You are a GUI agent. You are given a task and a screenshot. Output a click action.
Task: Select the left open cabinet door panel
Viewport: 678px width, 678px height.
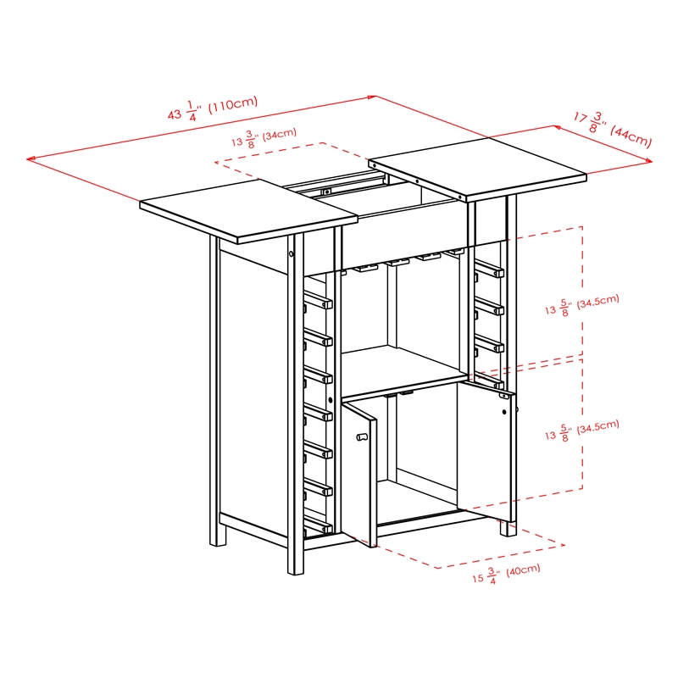[358, 470]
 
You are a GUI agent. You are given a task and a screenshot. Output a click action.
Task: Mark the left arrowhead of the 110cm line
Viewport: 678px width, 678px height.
[31, 158]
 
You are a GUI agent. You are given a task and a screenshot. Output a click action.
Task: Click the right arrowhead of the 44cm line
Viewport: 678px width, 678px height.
[649, 160]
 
